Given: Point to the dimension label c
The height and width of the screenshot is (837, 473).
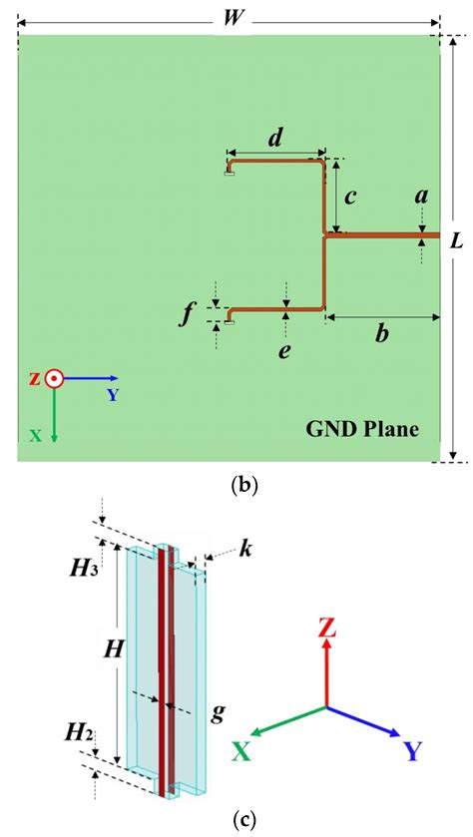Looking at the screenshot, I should [x=349, y=198].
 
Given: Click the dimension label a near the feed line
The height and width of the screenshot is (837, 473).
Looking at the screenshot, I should [x=422, y=198].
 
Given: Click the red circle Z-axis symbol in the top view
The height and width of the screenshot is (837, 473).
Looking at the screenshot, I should [x=54, y=379].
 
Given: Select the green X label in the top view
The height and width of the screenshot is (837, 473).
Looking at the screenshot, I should [x=34, y=436].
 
